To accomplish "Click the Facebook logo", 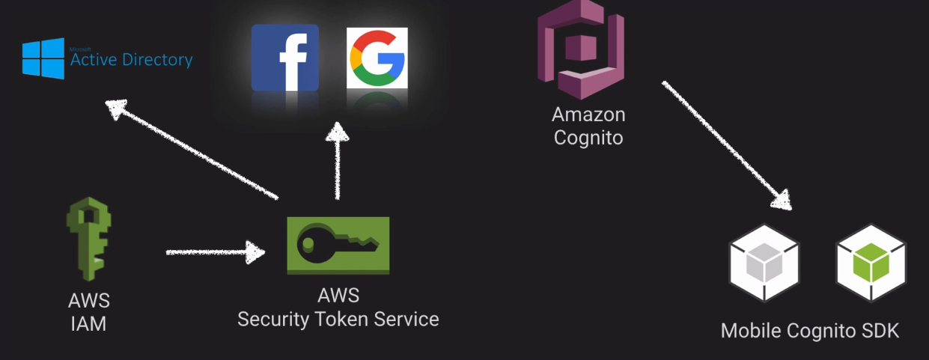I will coord(284,58).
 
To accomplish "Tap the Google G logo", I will coord(377,58).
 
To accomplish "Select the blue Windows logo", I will coord(43,58).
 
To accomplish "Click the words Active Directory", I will coord(131,60).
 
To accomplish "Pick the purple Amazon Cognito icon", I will coord(581,49).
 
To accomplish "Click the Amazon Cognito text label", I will coord(588,126).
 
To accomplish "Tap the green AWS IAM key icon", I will coord(88,239).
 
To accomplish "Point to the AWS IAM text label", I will coord(88,312).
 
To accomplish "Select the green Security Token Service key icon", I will coord(338,245).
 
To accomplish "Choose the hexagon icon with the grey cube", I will coord(764,263).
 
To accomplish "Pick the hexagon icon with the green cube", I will coord(871,263).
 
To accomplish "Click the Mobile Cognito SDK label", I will coord(810,331).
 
